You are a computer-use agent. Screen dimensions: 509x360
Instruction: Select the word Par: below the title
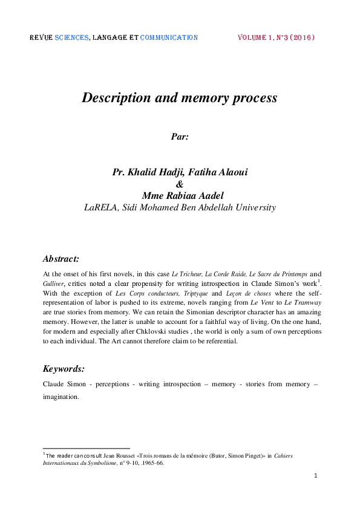click(x=180, y=137)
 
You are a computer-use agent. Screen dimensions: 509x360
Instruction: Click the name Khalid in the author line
click(x=146, y=172)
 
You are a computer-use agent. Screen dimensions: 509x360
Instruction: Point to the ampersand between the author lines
click(x=179, y=184)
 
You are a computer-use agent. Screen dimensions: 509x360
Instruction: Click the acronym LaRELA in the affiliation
click(x=102, y=207)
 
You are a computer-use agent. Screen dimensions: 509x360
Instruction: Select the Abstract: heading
click(x=61, y=259)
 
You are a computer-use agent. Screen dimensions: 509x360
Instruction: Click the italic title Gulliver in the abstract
click(x=53, y=283)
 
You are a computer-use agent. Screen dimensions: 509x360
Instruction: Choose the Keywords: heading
click(x=64, y=368)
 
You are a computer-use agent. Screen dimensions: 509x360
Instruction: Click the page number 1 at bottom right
click(x=316, y=476)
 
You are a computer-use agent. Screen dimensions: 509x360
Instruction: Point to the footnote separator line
click(x=86, y=448)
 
